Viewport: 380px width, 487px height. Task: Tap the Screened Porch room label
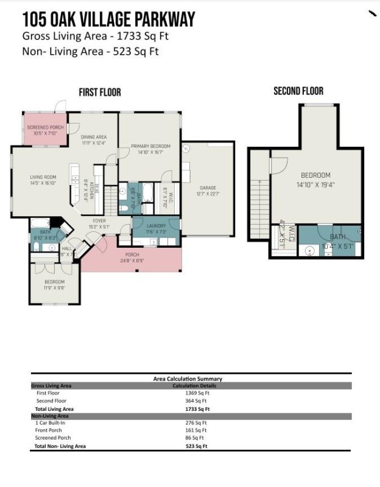pos(45,127)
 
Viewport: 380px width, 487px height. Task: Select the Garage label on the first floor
pos(208,187)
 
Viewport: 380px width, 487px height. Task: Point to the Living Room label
pos(43,177)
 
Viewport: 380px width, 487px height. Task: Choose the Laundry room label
pos(157,226)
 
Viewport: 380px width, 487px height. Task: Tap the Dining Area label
pos(94,137)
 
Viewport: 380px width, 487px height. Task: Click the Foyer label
pos(100,220)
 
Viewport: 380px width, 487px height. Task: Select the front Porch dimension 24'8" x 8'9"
pos(131,261)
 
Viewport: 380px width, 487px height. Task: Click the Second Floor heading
pos(298,91)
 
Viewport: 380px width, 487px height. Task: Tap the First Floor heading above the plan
pos(100,92)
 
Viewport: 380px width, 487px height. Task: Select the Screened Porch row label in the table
pos(54,438)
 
